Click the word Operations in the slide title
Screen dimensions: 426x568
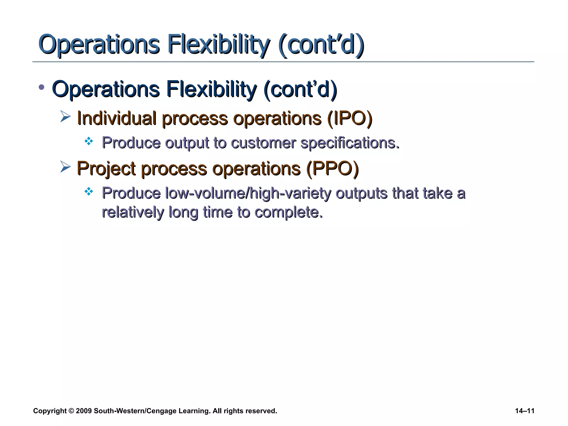point(99,44)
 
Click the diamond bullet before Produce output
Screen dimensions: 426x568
point(89,141)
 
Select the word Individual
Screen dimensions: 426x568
point(116,118)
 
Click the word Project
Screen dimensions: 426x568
point(106,169)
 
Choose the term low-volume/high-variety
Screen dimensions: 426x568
point(248,193)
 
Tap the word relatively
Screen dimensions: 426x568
point(133,212)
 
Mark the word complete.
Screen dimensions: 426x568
point(288,213)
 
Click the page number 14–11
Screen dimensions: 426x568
point(524,411)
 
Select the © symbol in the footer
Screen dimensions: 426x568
point(71,411)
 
